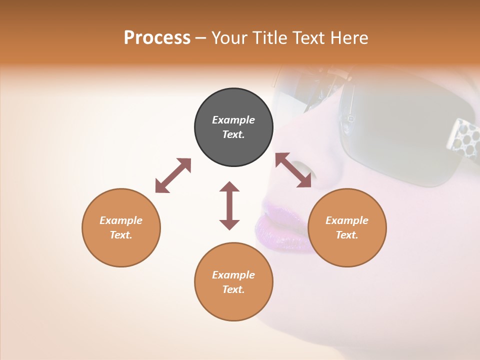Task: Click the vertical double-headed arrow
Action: (229, 205)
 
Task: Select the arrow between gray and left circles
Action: (173, 175)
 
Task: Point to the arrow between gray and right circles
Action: (293, 170)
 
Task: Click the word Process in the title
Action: (157, 37)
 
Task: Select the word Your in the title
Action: (230, 37)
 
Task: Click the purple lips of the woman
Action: (280, 225)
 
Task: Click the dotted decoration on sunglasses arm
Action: (462, 135)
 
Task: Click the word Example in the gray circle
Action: (233, 120)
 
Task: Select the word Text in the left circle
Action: (121, 235)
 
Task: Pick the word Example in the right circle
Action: (347, 220)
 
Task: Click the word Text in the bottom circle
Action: (233, 289)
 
